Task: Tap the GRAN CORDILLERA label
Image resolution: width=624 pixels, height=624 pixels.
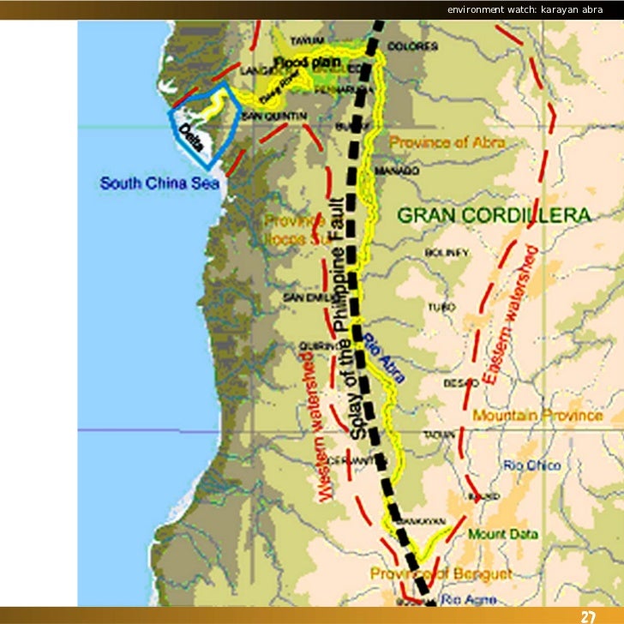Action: coord(493,215)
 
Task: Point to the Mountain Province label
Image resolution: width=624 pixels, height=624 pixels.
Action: coord(537,415)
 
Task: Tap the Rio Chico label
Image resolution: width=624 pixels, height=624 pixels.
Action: coord(532,465)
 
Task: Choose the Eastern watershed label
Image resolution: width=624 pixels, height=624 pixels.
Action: coord(510,315)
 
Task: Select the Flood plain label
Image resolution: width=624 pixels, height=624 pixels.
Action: coord(308,62)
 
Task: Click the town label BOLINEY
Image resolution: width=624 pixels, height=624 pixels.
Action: coord(447,252)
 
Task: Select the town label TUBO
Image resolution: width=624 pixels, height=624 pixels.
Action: coord(442,306)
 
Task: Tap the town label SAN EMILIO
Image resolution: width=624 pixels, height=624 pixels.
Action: coord(303,297)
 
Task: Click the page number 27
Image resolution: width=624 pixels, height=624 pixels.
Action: coord(588,616)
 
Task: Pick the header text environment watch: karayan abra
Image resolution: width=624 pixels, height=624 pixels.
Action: coord(531,9)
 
